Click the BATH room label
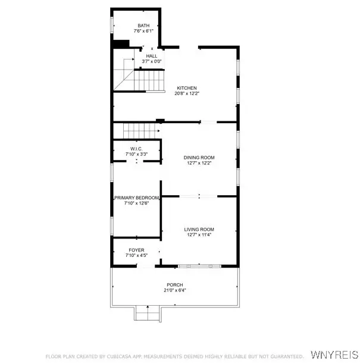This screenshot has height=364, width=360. point(143,26)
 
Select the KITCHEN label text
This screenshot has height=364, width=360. point(187,88)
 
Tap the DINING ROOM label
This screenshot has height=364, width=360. point(199,158)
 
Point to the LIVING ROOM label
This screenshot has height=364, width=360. point(199,230)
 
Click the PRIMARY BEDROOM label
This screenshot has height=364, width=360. point(137,198)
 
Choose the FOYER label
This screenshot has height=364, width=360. point(137,250)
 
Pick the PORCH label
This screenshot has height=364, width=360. point(175,285)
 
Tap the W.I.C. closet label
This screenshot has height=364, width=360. point(137,149)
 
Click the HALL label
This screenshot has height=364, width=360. point(152,56)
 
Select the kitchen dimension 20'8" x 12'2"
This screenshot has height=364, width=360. point(187,93)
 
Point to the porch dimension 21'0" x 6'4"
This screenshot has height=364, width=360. point(175,290)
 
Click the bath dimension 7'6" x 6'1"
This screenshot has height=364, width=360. point(143,31)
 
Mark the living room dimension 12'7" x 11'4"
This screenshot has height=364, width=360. point(199,235)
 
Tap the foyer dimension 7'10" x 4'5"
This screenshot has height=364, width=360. point(137,255)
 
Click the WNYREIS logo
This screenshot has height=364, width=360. point(334,355)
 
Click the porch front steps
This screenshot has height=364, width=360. point(148,313)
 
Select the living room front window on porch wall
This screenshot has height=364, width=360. point(199,266)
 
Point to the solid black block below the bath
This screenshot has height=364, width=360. point(121,44)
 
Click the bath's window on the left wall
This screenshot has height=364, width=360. point(112,25)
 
